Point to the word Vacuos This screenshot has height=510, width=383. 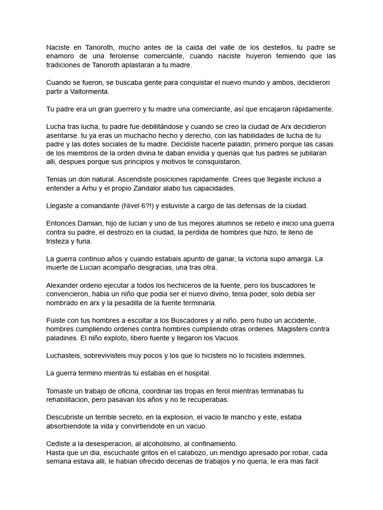(228, 338)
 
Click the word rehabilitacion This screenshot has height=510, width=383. (70, 399)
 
